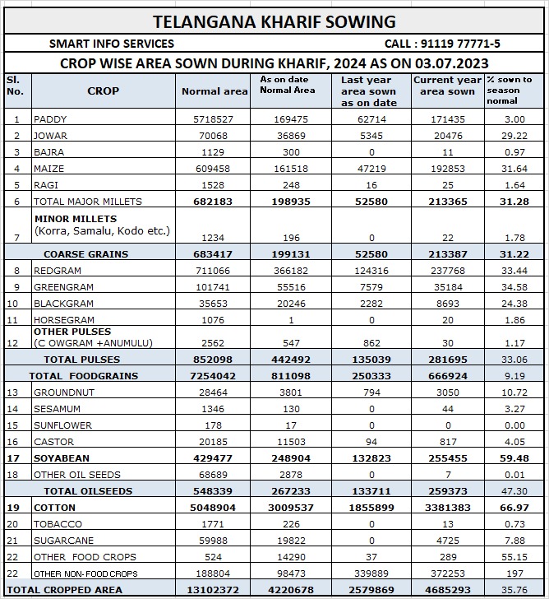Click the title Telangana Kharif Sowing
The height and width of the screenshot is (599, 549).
pos(274,21)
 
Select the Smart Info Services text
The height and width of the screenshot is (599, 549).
pos(112,44)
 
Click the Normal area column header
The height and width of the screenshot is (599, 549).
pos(215,91)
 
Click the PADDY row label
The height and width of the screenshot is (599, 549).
pos(51,119)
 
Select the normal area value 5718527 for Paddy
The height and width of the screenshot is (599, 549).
pos(215,119)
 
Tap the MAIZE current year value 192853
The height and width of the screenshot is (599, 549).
pos(448,169)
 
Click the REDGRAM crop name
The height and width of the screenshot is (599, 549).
pos(58,271)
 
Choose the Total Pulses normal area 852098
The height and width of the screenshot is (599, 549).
pos(215,360)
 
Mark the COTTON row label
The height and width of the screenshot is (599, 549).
pos(54,508)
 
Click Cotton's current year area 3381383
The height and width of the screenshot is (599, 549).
pos(448,508)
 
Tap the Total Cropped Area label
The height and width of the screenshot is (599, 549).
pos(65,590)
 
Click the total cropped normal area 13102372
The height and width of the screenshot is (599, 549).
pos(215,590)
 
